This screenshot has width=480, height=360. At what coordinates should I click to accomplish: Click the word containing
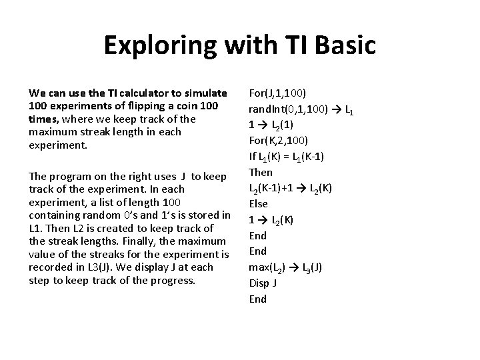pos(54,214)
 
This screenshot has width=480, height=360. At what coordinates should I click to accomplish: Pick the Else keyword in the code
pos(258,203)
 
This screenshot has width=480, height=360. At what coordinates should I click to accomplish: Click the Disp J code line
pos(263,283)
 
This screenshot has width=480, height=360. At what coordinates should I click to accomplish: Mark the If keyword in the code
pos(253,155)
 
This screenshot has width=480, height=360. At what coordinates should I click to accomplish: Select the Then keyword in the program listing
pos(260,171)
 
